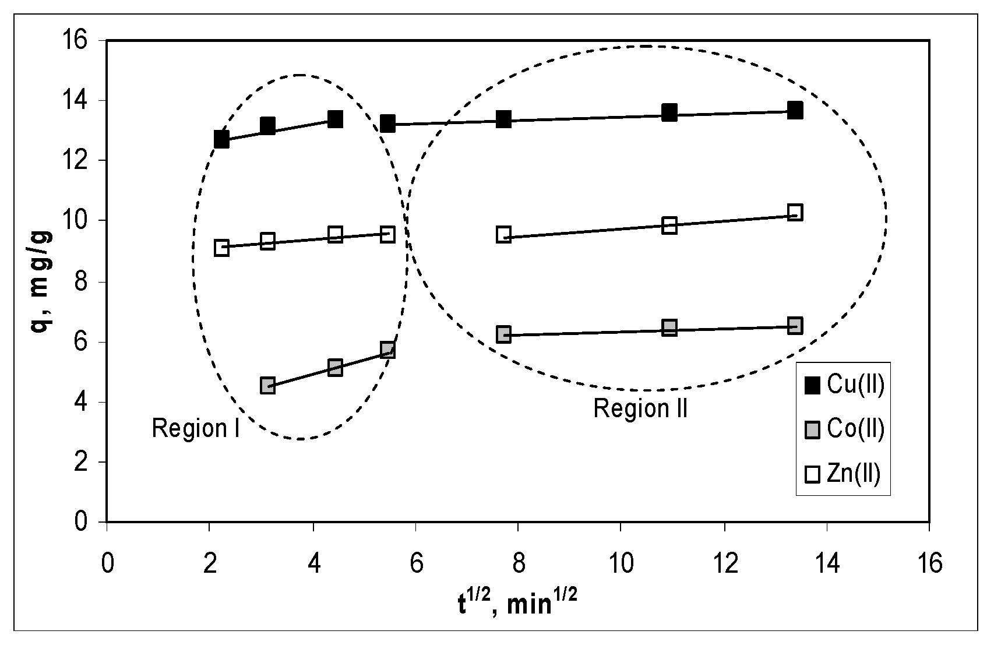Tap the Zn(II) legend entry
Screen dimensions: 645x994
tap(843, 474)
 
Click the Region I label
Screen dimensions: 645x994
tap(196, 429)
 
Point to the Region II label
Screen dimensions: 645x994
tap(640, 408)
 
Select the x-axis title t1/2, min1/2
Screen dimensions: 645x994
tap(517, 602)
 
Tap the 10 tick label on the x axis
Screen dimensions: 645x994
tap(621, 564)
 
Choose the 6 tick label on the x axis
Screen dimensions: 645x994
tap(415, 564)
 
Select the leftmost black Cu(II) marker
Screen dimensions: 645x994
tap(221, 139)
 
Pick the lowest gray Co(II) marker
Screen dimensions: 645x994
tap(267, 385)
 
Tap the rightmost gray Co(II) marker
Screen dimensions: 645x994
tap(795, 325)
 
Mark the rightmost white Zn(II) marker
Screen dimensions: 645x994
tap(795, 212)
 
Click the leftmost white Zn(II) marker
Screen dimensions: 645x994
tap(221, 247)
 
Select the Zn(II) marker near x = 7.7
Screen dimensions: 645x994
tap(503, 235)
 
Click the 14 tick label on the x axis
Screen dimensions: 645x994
tap(826, 564)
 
